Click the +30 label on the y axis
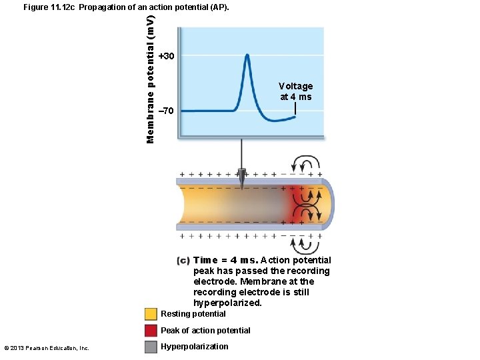167,56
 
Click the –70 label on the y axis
167,110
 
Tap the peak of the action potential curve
247,55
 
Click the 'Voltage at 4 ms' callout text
295,91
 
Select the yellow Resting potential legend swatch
151,314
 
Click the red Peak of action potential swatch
151,331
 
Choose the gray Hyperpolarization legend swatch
151,347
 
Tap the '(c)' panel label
183,261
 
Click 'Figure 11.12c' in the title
49,7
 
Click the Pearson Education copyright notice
47,347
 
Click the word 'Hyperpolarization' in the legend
194,347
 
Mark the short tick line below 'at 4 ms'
295,109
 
